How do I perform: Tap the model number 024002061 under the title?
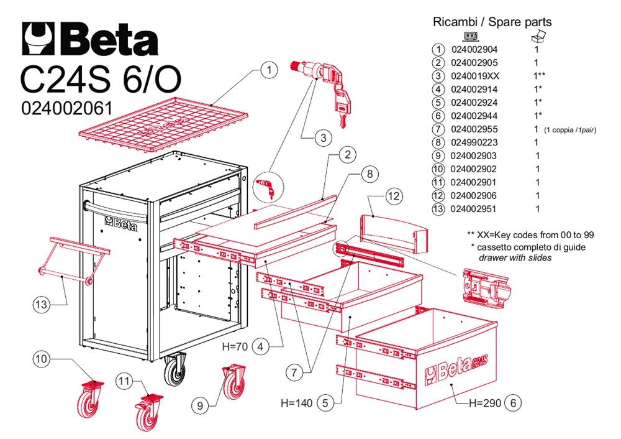click(66, 108)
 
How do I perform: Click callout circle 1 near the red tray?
click(268, 71)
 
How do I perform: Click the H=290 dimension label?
click(484, 403)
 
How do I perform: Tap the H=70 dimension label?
click(234, 346)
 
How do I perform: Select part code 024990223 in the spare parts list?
click(474, 142)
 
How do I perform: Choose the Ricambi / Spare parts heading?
click(492, 22)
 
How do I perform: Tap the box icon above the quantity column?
click(538, 35)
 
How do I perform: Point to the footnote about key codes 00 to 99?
click(531, 235)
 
